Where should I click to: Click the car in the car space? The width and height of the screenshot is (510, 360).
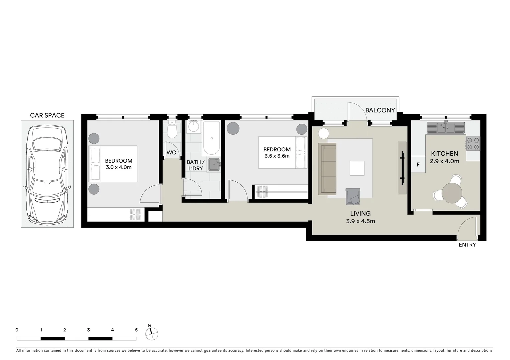pos(47,174)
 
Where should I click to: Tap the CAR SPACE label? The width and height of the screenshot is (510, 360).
pos(47,115)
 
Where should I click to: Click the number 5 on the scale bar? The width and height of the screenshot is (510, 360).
pos(136,330)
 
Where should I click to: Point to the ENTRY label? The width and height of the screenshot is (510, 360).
pos(467,245)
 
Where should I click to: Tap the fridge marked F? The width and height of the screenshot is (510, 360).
pos(418,165)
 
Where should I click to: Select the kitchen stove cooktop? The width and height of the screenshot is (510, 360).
pos(473,144)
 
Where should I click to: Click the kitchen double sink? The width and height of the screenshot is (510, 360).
pos(445,127)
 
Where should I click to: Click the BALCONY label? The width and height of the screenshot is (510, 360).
pos(380,110)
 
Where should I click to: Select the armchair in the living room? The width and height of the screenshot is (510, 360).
pos(353,197)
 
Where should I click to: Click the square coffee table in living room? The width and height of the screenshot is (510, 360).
pos(357,168)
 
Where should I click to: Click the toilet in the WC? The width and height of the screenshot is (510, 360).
pos(172,131)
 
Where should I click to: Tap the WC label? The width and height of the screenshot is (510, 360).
pos(171,153)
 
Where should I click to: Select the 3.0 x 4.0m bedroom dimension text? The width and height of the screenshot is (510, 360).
pos(118,167)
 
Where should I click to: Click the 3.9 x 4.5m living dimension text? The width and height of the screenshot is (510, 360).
pos(360,221)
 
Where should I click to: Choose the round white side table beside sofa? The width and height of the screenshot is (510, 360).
pos(323,133)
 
